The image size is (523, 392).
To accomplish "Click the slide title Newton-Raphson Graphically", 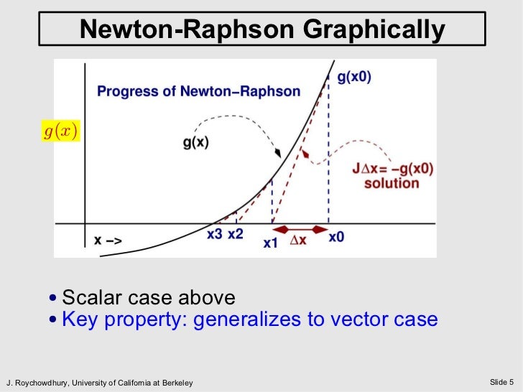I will pos(261,29).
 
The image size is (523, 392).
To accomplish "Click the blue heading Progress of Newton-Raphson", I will pos(198,91).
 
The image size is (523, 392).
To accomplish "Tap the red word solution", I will pos(392,183).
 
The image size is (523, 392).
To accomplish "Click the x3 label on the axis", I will pos(214,234).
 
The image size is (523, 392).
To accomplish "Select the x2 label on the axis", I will pos(236,234).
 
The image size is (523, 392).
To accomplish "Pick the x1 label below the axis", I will pos(270,243).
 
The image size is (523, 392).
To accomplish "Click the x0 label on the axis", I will pos(335,237).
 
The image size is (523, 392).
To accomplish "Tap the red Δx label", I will pos(297,241).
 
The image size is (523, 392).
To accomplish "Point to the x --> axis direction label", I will pos(108,241).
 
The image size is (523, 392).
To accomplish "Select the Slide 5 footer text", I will pos(502,381).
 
